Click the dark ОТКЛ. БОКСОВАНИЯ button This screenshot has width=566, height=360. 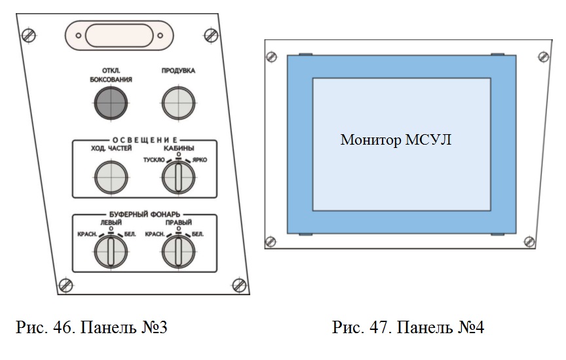[111, 103]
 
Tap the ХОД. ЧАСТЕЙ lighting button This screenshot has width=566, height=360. [111, 177]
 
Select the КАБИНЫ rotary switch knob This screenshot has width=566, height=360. [178, 177]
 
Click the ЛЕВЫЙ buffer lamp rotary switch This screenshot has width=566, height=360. [111, 251]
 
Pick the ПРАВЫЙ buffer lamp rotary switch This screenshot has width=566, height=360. [178, 251]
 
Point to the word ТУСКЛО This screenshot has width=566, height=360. [154, 160]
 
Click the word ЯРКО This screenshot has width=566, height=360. [200, 160]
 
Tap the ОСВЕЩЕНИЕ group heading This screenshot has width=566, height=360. [145, 140]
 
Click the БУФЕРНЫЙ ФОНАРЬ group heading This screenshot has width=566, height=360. [145, 215]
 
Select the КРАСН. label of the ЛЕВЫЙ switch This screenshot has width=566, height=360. [87, 234]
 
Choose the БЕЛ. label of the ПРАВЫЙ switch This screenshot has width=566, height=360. [197, 234]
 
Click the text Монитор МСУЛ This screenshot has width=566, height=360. [396, 139]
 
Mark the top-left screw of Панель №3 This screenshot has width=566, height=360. [29, 35]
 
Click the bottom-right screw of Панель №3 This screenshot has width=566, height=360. [239, 285]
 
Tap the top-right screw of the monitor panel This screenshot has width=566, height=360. [544, 57]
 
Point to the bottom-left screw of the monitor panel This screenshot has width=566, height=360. [271, 242]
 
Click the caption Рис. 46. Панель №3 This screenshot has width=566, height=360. [92, 327]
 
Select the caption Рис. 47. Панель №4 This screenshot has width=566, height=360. [408, 327]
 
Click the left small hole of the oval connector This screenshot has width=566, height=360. [79, 35]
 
